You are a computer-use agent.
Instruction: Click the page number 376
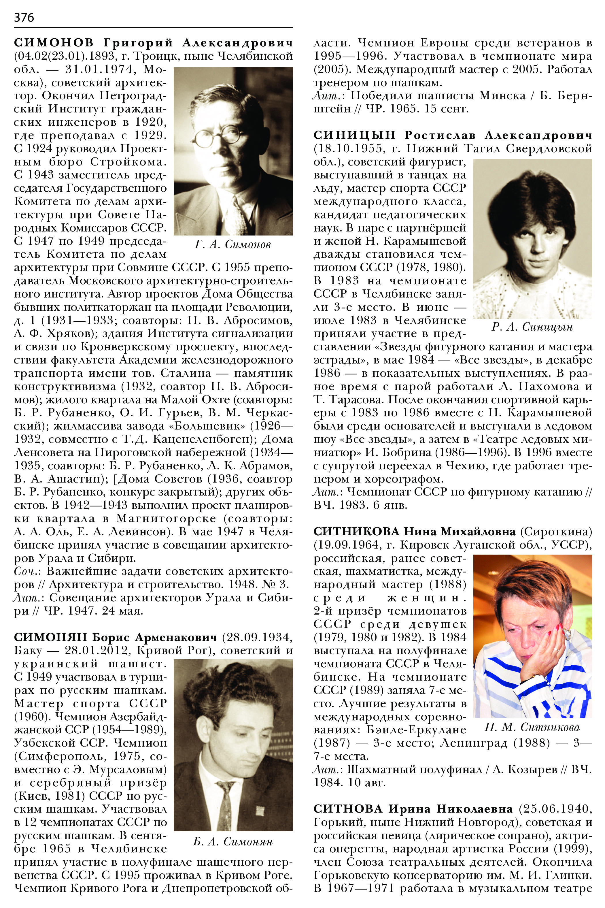[x=24, y=17]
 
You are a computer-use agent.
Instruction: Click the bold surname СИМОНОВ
[x=54, y=43]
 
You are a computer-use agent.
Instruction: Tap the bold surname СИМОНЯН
[x=51, y=637]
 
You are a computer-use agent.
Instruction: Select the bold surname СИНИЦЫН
[x=354, y=135]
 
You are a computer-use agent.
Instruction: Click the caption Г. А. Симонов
[x=233, y=244]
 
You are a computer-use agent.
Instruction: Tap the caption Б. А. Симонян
[x=233, y=842]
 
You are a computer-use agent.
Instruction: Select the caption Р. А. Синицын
[x=532, y=327]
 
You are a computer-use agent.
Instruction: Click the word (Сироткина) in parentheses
[x=556, y=532]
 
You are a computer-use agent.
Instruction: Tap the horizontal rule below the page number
[x=153, y=28]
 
